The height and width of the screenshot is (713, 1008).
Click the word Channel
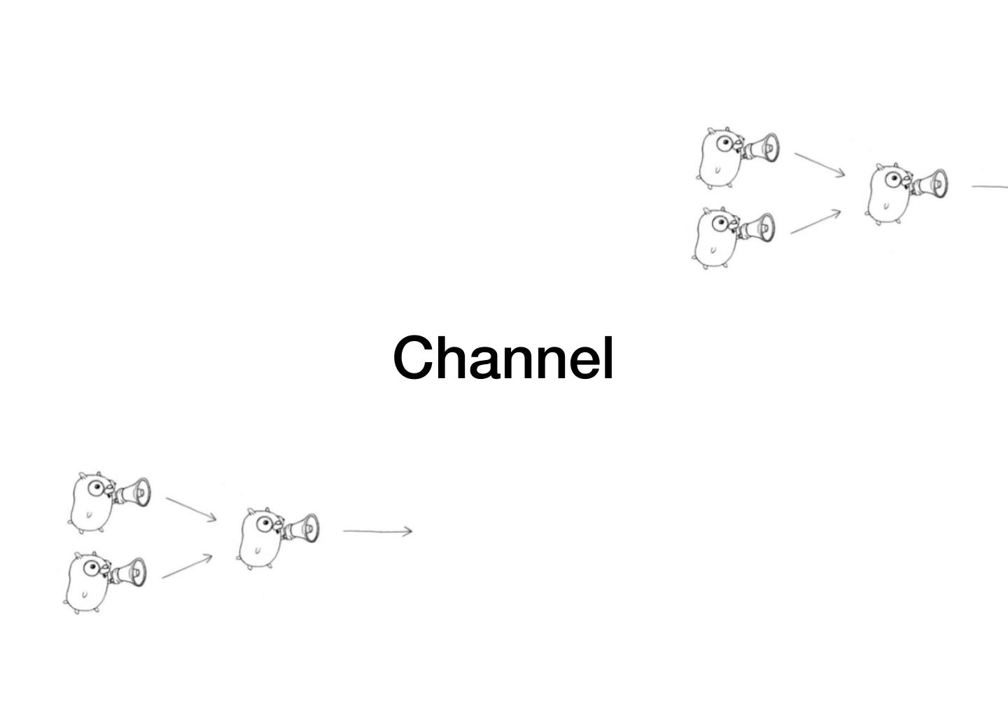pos(503,357)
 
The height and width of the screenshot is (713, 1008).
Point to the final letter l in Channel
pos(608,356)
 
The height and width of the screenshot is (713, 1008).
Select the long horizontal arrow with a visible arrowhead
pos(377,531)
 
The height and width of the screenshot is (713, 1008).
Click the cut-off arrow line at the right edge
pos(990,186)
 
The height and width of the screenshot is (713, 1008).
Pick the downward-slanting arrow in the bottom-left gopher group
pos(191,508)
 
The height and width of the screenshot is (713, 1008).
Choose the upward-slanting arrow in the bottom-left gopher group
pos(188,567)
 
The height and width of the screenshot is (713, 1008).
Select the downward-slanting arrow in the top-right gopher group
pos(820,164)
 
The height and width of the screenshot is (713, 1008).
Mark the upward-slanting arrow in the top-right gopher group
pos(816,221)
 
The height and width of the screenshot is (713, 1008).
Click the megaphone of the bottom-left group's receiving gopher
pos(302,528)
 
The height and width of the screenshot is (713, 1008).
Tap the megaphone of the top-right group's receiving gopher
pos(931,184)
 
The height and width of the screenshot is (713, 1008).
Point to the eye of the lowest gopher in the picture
pos(92,567)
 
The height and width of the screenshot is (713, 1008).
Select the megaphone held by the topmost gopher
pos(762,148)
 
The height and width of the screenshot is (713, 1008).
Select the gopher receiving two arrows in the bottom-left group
pos(260,537)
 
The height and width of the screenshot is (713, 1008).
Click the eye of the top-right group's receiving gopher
pos(894,179)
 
